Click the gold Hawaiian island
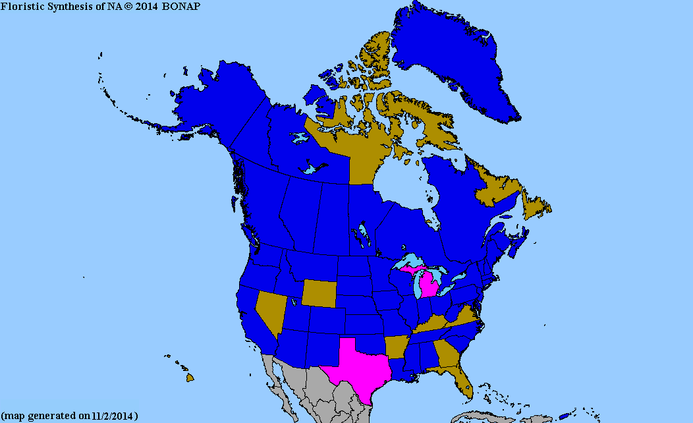coord(190,378)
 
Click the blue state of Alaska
coord(217,105)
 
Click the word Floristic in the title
coord(20,6)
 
